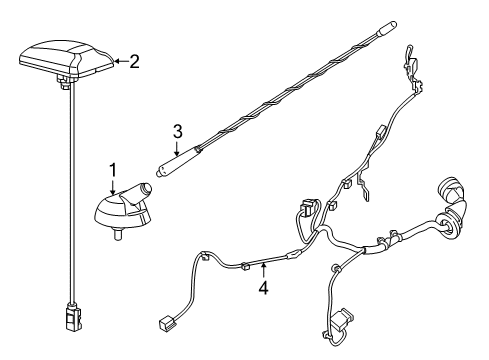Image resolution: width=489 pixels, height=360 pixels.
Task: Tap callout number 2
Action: (x=134, y=61)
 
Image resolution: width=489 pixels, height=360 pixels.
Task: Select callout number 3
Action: (x=177, y=130)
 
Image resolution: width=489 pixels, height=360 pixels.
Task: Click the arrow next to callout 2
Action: (x=119, y=61)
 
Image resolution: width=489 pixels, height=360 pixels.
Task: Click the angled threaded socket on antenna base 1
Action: (x=146, y=189)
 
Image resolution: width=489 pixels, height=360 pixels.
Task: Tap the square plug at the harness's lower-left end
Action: (x=163, y=324)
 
